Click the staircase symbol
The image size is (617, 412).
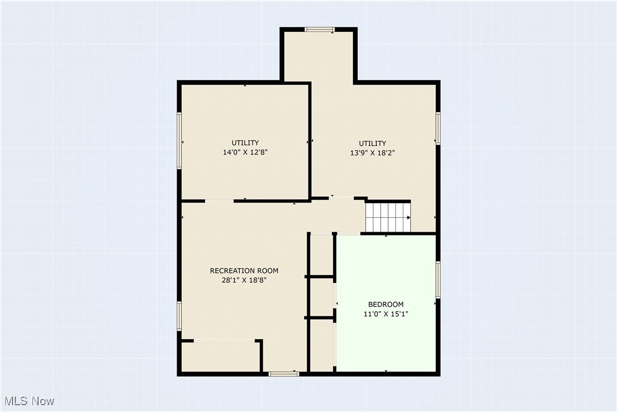[387, 217]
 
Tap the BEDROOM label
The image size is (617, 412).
[386, 304]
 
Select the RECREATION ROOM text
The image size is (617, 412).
[244, 270]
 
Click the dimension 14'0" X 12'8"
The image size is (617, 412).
[245, 152]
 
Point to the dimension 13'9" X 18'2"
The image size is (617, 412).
[372, 153]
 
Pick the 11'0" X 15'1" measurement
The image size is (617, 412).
[386, 314]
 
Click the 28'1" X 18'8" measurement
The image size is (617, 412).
[244, 280]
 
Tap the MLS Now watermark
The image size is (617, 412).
[28, 401]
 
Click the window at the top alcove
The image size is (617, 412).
[320, 29]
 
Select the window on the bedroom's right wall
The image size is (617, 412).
[438, 279]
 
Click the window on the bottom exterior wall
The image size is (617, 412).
[284, 374]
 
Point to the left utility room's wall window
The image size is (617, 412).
[179, 140]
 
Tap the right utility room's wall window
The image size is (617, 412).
[438, 127]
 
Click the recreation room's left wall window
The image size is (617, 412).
[179, 316]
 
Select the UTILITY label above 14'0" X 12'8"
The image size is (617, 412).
[245, 142]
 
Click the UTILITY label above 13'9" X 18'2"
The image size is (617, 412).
[372, 143]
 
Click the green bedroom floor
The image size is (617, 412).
[386, 341]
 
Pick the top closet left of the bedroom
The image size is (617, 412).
[322, 255]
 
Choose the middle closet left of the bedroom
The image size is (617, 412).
[322, 296]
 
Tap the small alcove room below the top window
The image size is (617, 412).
[319, 57]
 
